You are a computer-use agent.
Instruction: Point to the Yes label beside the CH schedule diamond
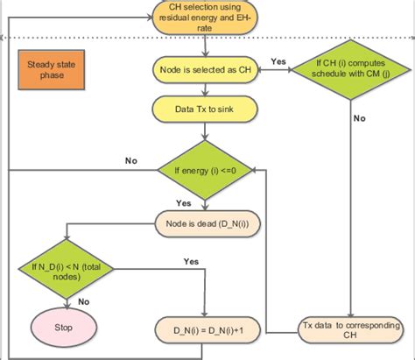[278, 61]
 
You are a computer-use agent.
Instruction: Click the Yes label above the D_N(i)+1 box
[190, 261]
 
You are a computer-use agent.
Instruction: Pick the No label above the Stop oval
[83, 300]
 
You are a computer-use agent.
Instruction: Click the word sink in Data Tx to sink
[224, 109]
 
